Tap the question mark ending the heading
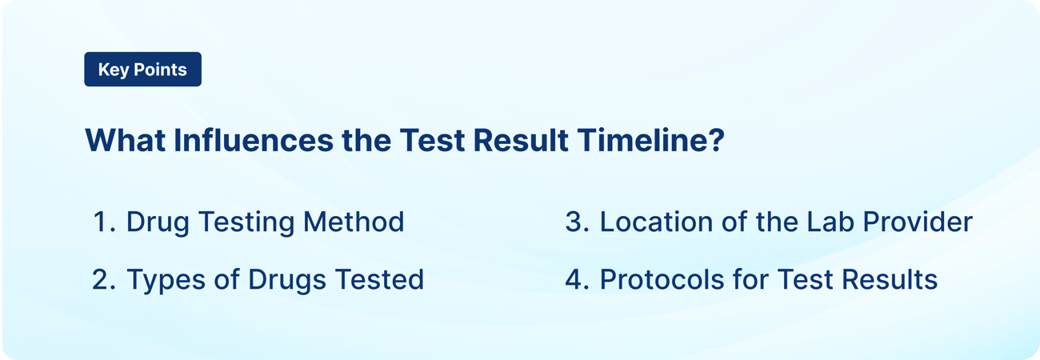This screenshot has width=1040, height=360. (x=715, y=141)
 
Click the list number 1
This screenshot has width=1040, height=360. (x=102, y=222)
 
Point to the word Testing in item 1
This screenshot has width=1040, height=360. (x=249, y=222)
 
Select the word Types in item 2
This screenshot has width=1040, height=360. (x=163, y=280)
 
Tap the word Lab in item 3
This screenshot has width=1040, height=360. (x=823, y=222)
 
